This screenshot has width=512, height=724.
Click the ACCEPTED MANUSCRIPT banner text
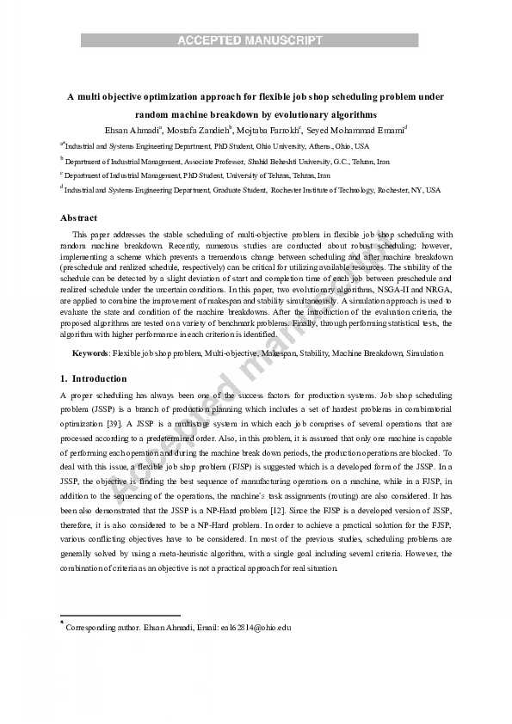[250, 40]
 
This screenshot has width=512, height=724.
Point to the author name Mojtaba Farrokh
[268, 130]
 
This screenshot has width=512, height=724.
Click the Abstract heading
[78, 218]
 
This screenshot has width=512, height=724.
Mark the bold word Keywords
[89, 353]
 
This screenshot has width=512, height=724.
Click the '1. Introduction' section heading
[94, 378]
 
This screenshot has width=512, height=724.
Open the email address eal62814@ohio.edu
[256, 628]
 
